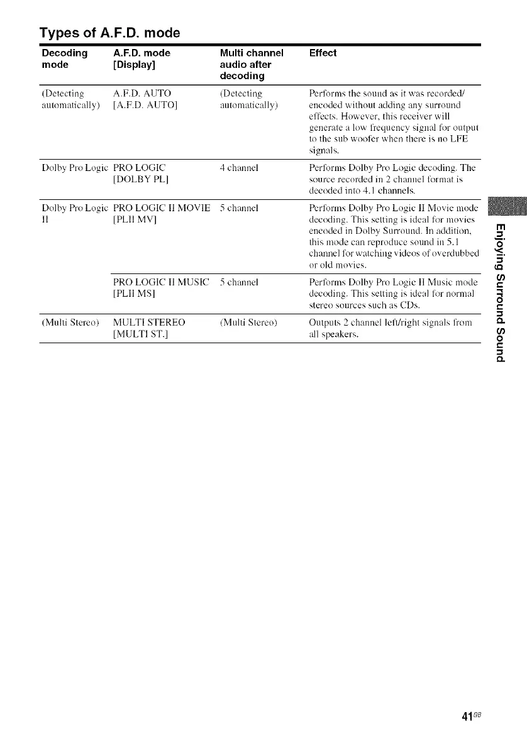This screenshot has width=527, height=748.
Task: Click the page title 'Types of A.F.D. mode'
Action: point(110,32)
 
